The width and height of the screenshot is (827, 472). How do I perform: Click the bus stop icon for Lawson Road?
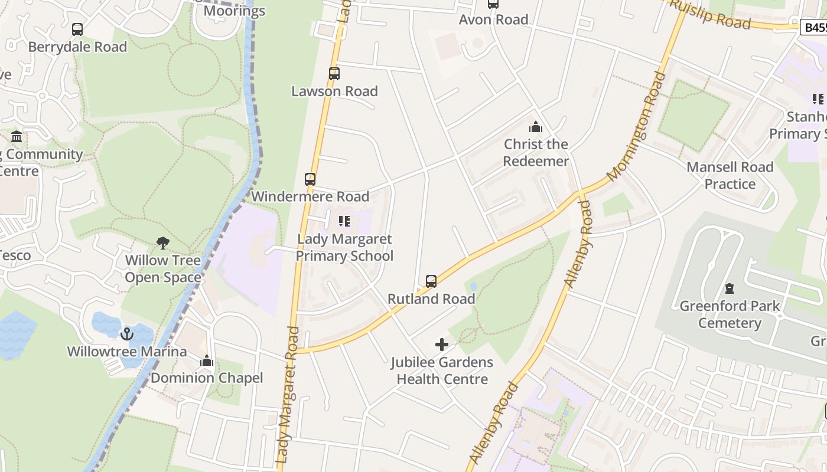334,74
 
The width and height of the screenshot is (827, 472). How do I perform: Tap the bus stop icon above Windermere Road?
310,179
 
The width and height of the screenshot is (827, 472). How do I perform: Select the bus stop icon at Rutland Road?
431,281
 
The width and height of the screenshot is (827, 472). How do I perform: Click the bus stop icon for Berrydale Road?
77,29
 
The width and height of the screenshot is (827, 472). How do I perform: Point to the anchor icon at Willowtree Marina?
126,335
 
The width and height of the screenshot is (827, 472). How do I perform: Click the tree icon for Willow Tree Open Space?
162,242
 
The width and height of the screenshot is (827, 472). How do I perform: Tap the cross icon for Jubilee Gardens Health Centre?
442,345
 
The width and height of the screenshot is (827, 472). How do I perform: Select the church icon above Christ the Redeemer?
536,127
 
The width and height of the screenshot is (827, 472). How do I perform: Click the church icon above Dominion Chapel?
207,360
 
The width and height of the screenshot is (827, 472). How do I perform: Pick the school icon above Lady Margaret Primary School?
344,221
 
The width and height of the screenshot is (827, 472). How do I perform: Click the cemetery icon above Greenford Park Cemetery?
730,289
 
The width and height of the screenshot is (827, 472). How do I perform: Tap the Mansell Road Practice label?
730,175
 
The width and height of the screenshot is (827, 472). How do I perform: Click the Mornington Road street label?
636,126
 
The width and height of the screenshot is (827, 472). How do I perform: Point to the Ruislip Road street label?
711,14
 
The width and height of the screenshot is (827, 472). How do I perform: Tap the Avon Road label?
493,19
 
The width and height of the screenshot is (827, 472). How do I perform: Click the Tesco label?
14,255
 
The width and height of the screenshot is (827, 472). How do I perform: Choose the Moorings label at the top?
235,11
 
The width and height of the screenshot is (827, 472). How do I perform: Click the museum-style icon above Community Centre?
17,137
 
